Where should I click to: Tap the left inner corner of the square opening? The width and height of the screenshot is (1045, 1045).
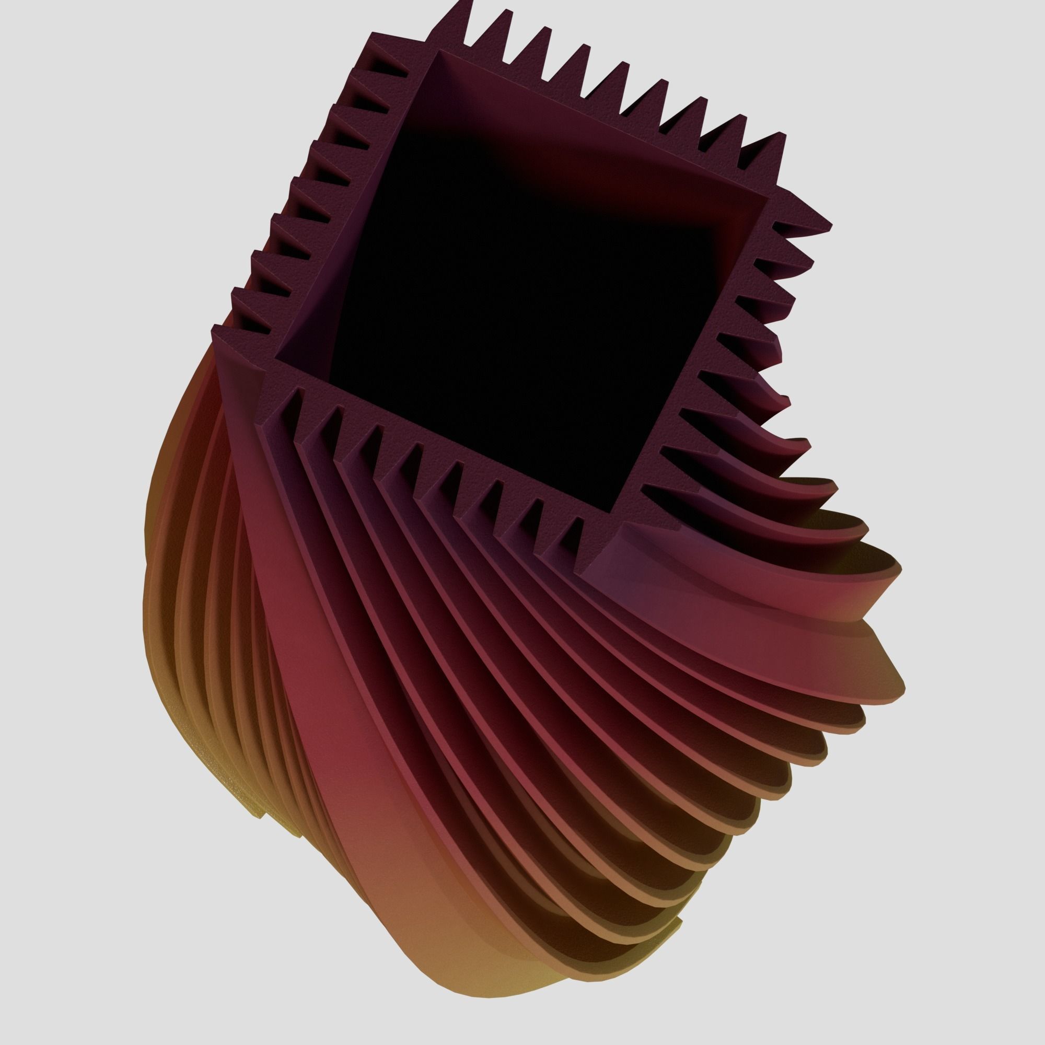tap(277, 358)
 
